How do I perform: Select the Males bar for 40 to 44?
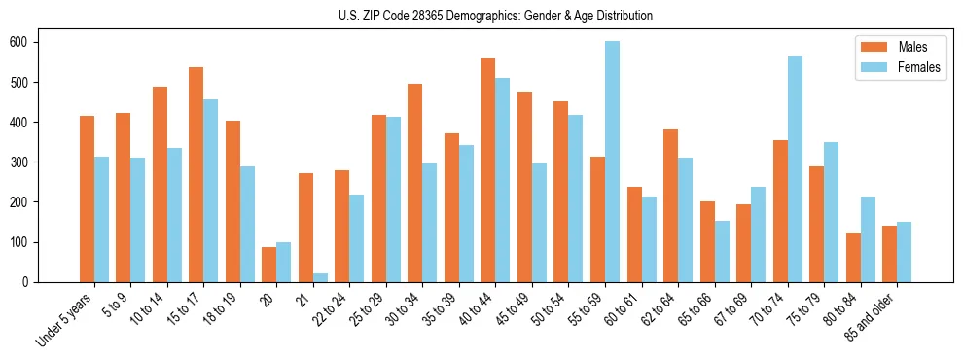pos(488,170)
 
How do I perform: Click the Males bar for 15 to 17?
pos(196,174)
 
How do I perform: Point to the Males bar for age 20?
pos(269,265)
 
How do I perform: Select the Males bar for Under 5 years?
pos(87,198)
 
